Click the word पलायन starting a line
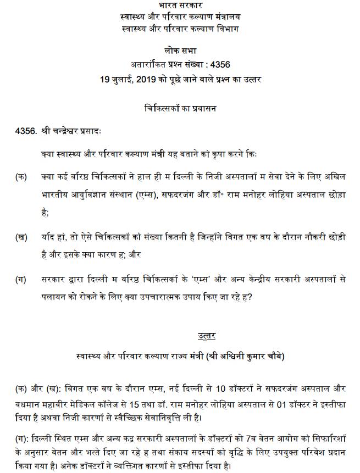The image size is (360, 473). (x=54, y=297)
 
